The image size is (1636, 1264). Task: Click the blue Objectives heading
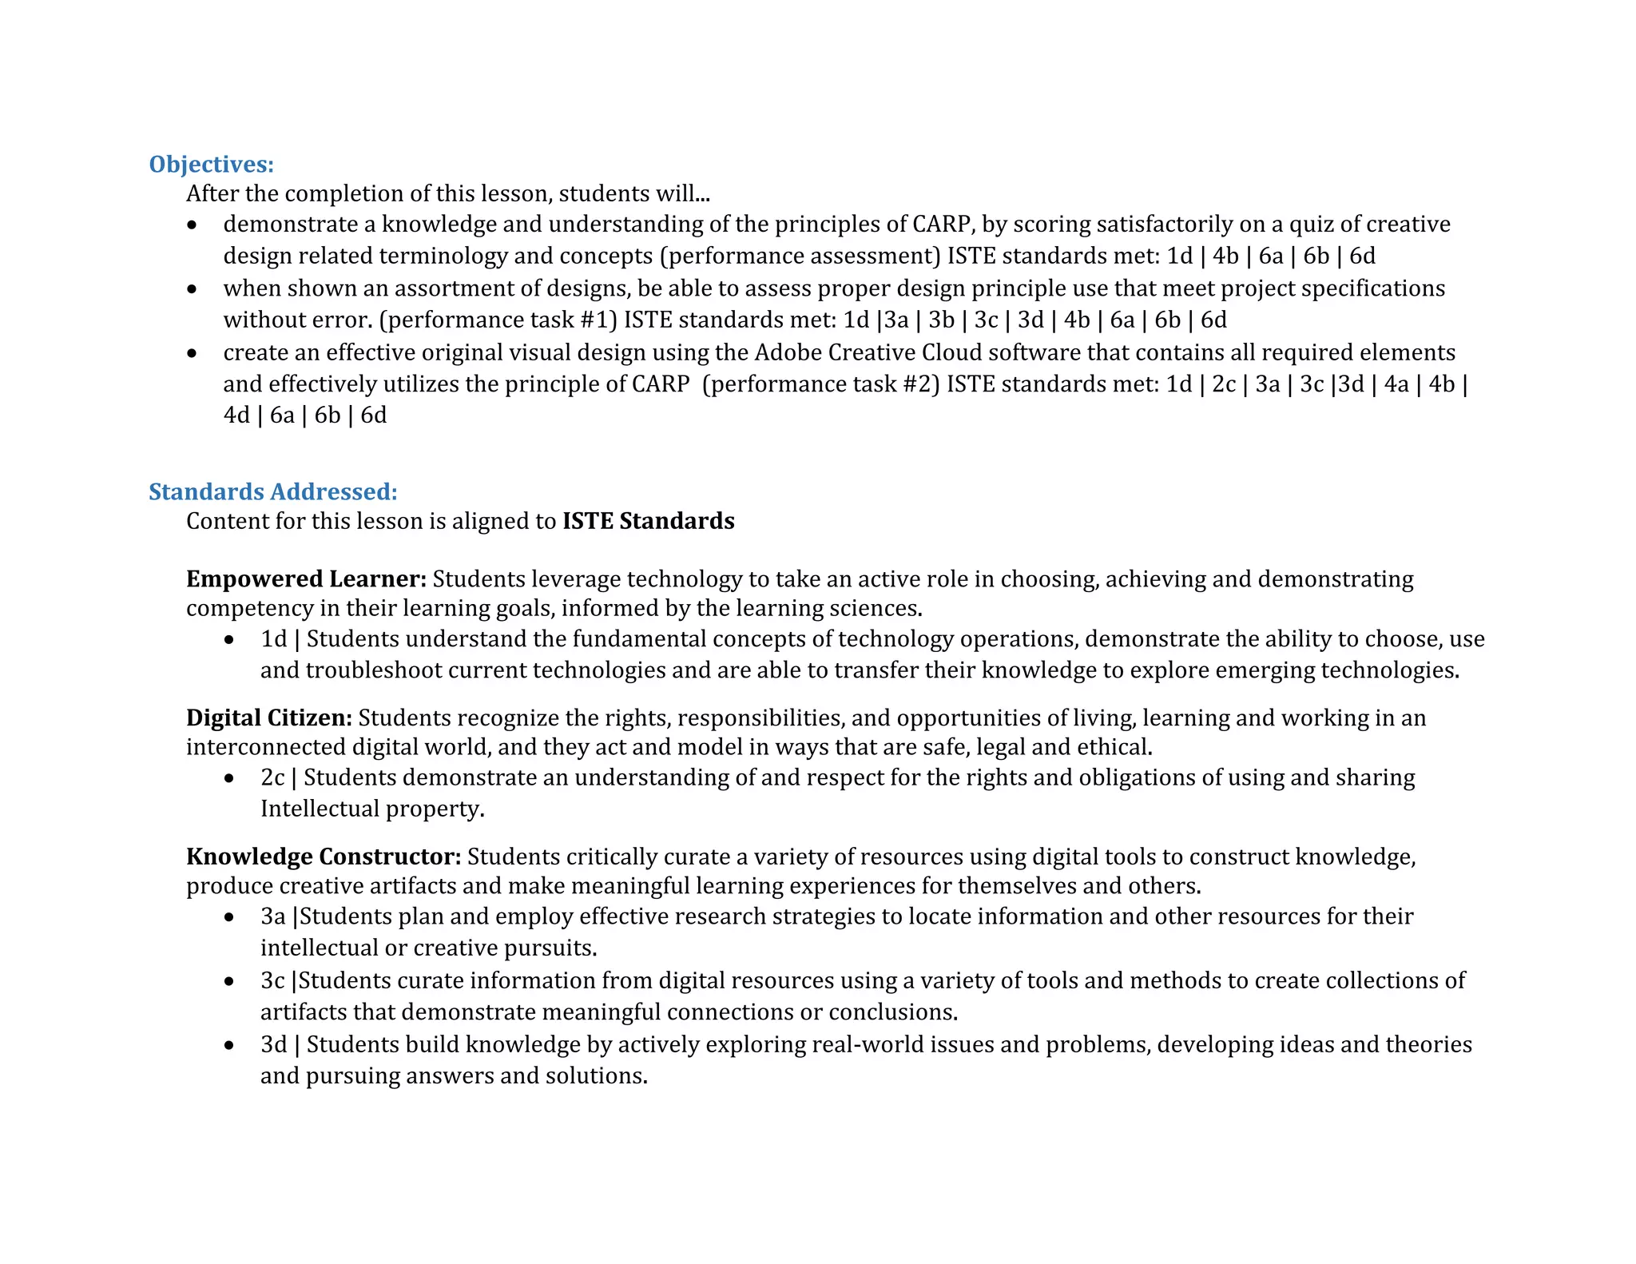[x=211, y=165]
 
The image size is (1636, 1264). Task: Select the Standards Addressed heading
[x=272, y=492]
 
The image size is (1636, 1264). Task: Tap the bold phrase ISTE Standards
[x=648, y=522]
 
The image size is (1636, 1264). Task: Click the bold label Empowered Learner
[x=306, y=579]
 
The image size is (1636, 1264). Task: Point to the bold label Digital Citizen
[x=268, y=718]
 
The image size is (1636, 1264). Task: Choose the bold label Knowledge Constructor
[x=324, y=857]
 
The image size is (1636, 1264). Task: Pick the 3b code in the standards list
[x=942, y=320]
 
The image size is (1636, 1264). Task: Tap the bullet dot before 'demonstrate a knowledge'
[x=192, y=226]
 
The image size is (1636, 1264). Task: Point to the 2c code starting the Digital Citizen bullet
[x=272, y=778]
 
